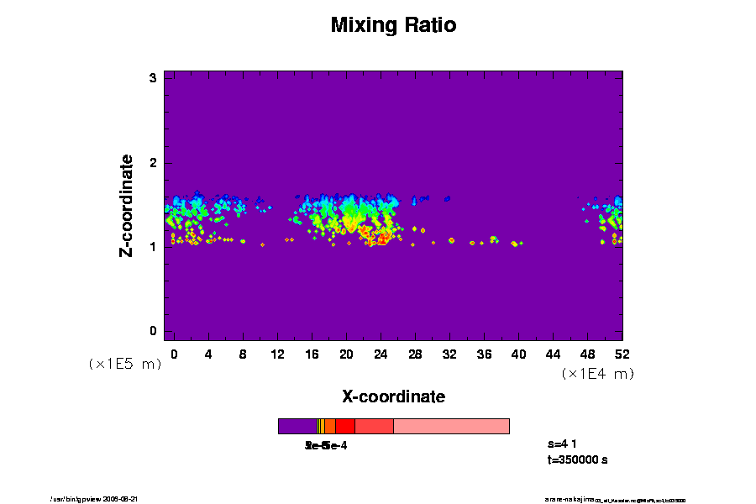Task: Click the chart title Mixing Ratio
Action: pyautogui.click(x=393, y=25)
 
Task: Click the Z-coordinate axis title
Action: pyautogui.click(x=127, y=205)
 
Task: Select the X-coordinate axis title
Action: pyautogui.click(x=393, y=396)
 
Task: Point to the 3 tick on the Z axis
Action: pyautogui.click(x=154, y=78)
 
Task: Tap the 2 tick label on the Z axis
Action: pyautogui.click(x=154, y=163)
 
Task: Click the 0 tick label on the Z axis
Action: pyautogui.click(x=154, y=331)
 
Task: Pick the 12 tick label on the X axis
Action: pyautogui.click(x=277, y=354)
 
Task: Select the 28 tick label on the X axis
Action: pyautogui.click(x=415, y=354)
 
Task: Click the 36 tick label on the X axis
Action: pyautogui.click(x=485, y=354)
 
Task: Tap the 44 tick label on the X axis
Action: pyautogui.click(x=554, y=354)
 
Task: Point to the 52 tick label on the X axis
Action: pyautogui.click(x=622, y=354)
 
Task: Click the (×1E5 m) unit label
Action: pyautogui.click(x=124, y=364)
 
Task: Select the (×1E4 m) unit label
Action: pyautogui.click(x=597, y=374)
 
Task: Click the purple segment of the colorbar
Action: pyautogui.click(x=297, y=426)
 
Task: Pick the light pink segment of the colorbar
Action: pyautogui.click(x=451, y=426)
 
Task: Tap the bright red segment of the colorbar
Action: pyautogui.click(x=344, y=426)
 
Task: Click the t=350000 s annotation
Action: pyautogui.click(x=577, y=459)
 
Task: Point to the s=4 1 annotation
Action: pyautogui.click(x=562, y=443)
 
